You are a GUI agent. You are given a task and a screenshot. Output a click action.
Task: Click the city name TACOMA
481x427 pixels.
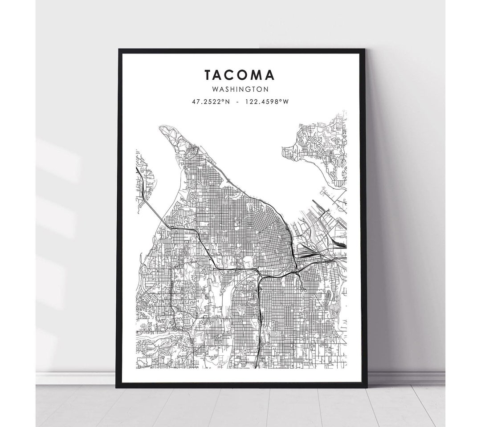(x=240, y=74)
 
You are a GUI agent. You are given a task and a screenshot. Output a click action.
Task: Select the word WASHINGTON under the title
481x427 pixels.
(x=240, y=89)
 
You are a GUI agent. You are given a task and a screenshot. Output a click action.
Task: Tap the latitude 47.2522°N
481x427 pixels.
(x=211, y=102)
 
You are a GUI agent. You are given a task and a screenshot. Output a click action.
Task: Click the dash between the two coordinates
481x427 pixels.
(x=240, y=102)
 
